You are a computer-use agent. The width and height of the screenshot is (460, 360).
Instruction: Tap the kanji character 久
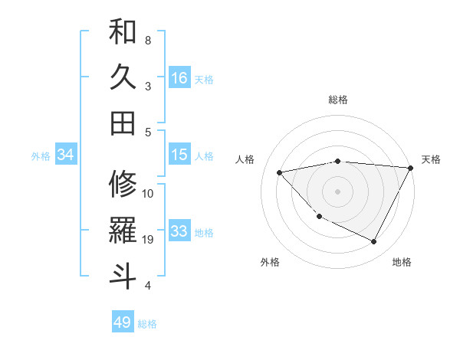[x=123, y=78]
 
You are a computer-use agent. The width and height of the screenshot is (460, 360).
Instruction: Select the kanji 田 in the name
[x=123, y=122]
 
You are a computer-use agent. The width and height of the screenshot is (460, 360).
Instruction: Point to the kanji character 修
[x=123, y=184]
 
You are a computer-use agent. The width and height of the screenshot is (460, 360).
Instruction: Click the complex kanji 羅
[x=123, y=230]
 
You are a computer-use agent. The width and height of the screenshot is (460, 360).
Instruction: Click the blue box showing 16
[x=179, y=78]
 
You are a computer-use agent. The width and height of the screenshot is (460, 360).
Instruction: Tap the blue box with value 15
[x=179, y=155]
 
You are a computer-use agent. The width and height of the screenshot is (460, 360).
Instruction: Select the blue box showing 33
[x=179, y=231]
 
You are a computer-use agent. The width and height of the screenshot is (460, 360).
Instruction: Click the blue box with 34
[x=66, y=155]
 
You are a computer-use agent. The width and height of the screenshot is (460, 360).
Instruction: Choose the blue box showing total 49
[x=123, y=322]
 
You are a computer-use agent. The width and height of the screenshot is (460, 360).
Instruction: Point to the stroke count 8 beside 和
[x=148, y=40]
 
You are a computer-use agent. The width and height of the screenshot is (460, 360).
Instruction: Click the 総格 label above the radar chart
[x=338, y=100]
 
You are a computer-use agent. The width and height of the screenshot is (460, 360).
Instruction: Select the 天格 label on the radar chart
[x=431, y=159]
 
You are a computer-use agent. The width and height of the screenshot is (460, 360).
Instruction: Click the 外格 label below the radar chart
[x=270, y=262]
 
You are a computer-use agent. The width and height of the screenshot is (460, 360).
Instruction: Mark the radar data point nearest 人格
[x=280, y=172]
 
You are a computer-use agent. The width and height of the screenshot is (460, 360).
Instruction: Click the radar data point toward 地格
[x=374, y=242]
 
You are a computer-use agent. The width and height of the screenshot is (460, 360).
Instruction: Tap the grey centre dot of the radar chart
[x=337, y=191]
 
